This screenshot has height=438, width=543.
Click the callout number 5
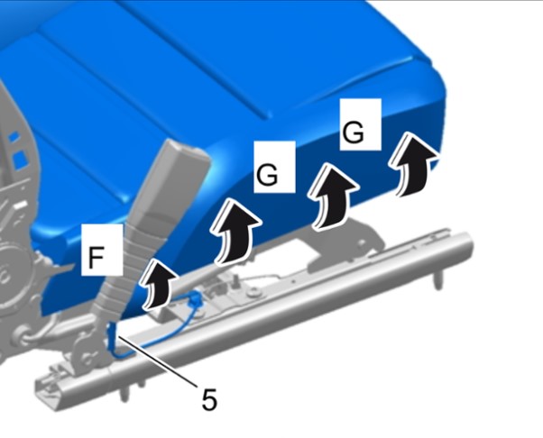tap(209, 399)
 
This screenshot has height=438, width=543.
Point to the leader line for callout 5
tap(158, 359)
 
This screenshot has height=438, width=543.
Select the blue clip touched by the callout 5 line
tap(112, 333)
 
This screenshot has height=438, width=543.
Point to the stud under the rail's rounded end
tap(438, 279)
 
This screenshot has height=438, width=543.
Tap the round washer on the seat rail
tap(254, 293)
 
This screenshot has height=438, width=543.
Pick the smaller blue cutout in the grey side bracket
tap(14, 137)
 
